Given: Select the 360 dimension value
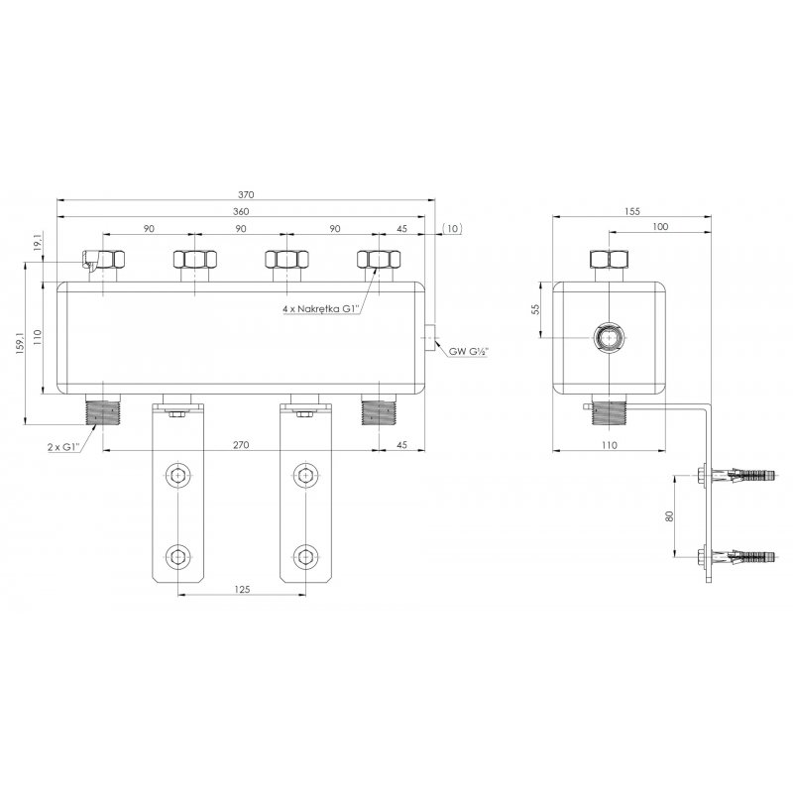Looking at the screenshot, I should click(x=241, y=211).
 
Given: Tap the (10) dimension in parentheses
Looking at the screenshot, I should click(x=452, y=229).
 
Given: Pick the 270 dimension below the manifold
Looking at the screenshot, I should click(x=241, y=445).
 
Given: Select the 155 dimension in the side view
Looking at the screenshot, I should click(x=632, y=211).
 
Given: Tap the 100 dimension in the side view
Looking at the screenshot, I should click(x=660, y=228).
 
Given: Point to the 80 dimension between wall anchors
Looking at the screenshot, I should click(x=670, y=515).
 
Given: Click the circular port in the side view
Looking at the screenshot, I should click(x=606, y=338).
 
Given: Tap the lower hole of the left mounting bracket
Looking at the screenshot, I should click(x=177, y=555).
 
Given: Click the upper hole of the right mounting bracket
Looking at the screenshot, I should click(x=306, y=477).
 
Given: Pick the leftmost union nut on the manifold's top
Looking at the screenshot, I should click(x=104, y=261).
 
